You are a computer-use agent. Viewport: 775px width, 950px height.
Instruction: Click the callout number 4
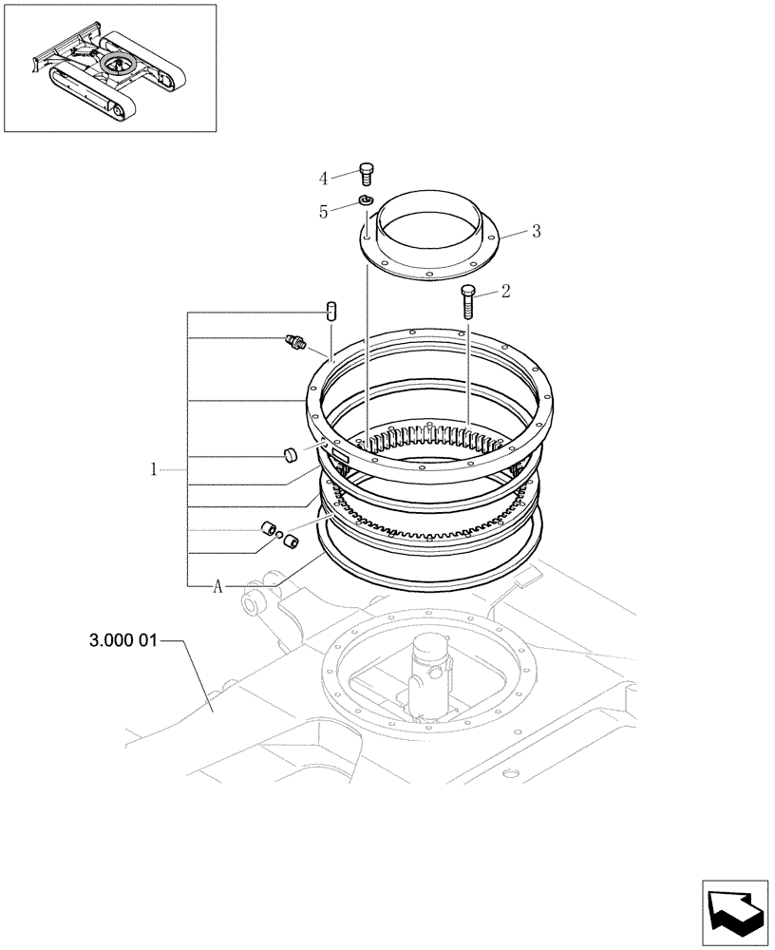click(323, 178)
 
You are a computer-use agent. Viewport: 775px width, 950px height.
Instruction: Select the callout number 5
click(323, 213)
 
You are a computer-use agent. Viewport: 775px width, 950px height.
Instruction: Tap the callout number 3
click(536, 231)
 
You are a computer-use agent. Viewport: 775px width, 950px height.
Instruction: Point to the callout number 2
click(505, 291)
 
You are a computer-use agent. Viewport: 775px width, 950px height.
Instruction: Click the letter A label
click(217, 587)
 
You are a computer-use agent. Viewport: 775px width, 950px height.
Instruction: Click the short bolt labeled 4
click(367, 174)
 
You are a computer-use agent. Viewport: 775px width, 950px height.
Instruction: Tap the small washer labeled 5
click(365, 199)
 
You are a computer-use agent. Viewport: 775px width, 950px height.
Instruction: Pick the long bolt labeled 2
click(467, 301)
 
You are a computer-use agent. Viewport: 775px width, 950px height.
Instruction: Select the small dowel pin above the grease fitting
click(331, 310)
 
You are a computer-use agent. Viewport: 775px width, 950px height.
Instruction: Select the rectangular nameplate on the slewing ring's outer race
click(339, 457)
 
